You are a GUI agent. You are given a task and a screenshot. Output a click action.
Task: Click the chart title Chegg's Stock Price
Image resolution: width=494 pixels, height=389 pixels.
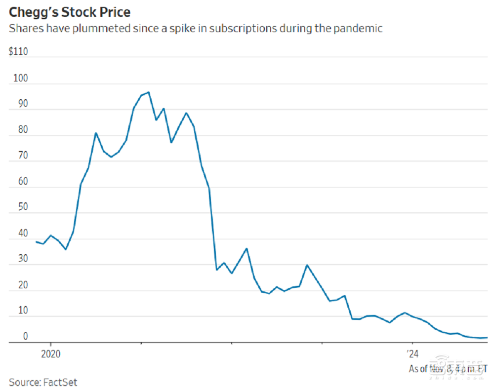pos(70,11)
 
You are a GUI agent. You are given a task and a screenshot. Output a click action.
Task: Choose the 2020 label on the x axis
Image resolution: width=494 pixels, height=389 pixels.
pos(50,353)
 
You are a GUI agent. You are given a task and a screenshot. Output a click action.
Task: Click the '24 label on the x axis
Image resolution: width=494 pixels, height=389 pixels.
pos(412,353)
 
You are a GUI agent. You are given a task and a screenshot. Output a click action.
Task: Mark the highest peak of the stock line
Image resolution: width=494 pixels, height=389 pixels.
pos(149,92)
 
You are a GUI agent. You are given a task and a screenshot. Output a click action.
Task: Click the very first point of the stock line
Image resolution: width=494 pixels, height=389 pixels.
pos(36,241)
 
